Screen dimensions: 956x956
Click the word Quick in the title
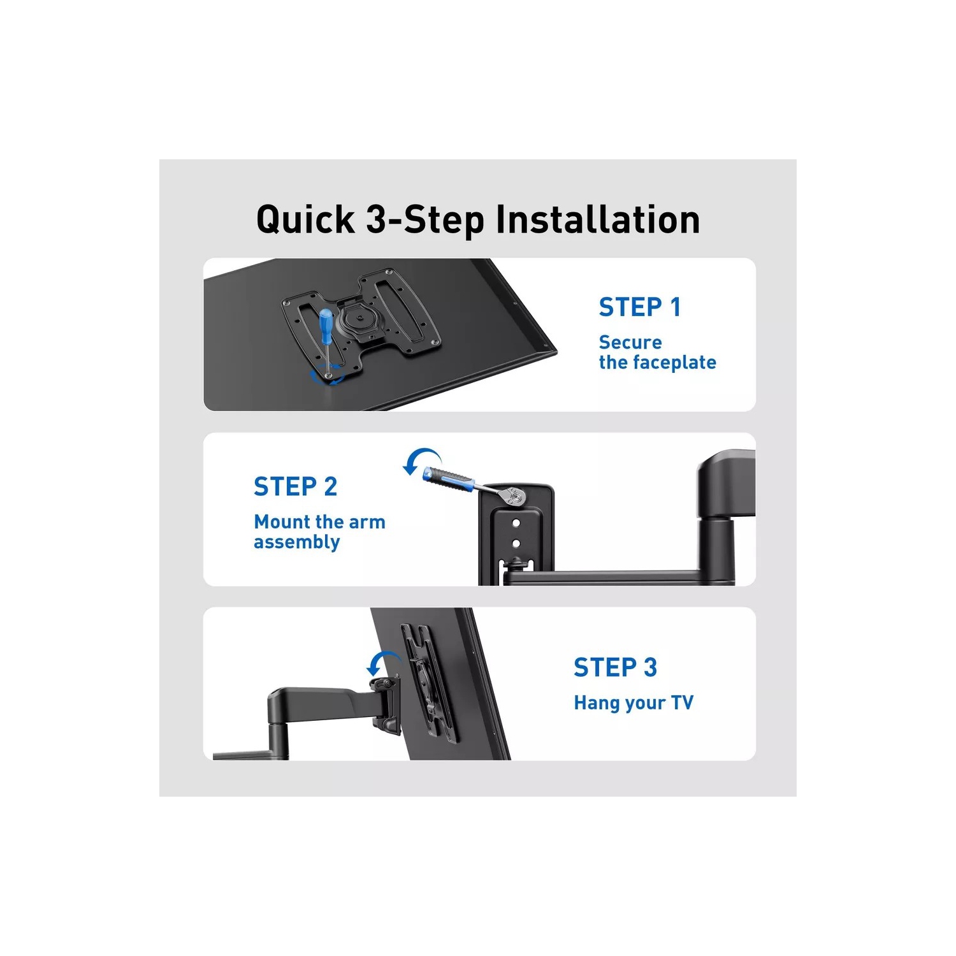click(305, 221)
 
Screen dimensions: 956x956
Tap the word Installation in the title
click(598, 219)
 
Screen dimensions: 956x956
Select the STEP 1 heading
click(640, 307)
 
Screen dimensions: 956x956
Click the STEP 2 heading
click(295, 487)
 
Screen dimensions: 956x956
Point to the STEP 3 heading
click(615, 668)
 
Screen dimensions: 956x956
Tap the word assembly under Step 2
click(297, 543)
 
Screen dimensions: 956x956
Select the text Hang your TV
click(634, 703)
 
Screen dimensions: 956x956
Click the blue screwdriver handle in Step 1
click(326, 324)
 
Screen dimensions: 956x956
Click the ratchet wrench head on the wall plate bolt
click(515, 496)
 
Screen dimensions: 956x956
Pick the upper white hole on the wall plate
click(516, 523)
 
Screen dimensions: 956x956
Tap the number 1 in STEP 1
click(676, 307)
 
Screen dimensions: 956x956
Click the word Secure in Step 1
click(630, 343)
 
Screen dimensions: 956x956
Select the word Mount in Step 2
click(282, 522)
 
